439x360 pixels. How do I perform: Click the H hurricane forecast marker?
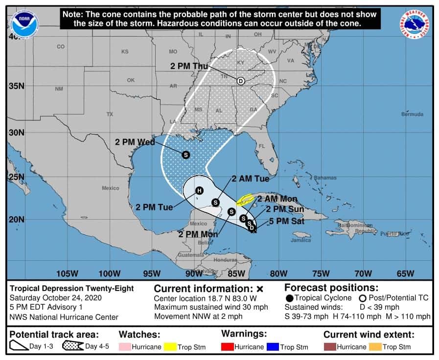(x=199, y=190)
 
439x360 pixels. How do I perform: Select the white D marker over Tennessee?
(x=240, y=81)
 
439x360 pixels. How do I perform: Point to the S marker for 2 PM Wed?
(x=185, y=155)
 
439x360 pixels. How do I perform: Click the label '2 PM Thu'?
(x=189, y=66)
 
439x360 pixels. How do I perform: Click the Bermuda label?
(x=412, y=114)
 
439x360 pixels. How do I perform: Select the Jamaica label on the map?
(x=300, y=240)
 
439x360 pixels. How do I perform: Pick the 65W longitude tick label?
(x=405, y=273)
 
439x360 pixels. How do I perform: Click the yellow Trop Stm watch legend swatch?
(x=170, y=347)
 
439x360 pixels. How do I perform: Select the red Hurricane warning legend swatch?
(x=228, y=347)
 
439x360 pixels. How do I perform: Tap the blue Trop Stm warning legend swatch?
(x=273, y=347)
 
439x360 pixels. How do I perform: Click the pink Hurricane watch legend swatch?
(x=126, y=347)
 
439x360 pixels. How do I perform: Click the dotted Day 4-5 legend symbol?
(x=72, y=346)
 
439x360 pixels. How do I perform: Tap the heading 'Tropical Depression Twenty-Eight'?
(x=72, y=289)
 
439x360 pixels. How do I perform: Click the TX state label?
(x=110, y=114)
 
